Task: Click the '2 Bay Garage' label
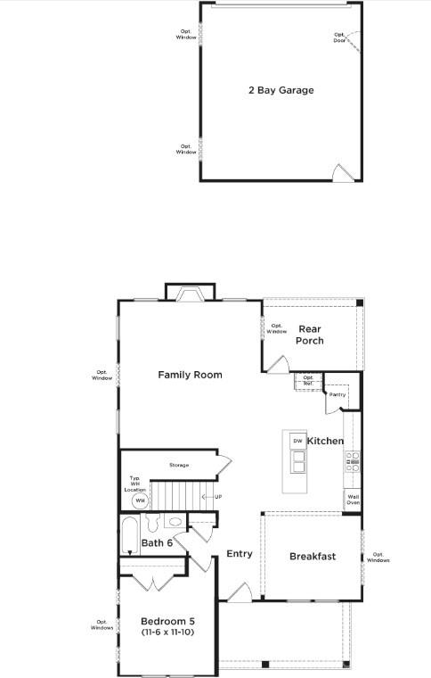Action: click(281, 90)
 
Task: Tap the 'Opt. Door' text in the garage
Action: click(339, 37)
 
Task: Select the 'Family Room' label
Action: click(190, 375)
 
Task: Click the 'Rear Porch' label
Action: click(310, 335)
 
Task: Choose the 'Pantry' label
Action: click(337, 394)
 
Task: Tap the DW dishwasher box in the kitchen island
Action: click(297, 441)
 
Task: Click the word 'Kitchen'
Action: click(325, 442)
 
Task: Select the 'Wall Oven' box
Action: click(353, 500)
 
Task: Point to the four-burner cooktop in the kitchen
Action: click(352, 461)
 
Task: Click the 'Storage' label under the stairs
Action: click(179, 465)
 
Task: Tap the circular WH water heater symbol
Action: click(140, 501)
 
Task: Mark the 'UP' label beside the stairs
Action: click(217, 496)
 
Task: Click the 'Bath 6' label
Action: click(157, 542)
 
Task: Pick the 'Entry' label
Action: click(240, 554)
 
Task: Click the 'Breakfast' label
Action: click(313, 557)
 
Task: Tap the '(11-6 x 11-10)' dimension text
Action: click(167, 632)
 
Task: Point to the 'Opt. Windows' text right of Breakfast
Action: click(378, 558)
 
